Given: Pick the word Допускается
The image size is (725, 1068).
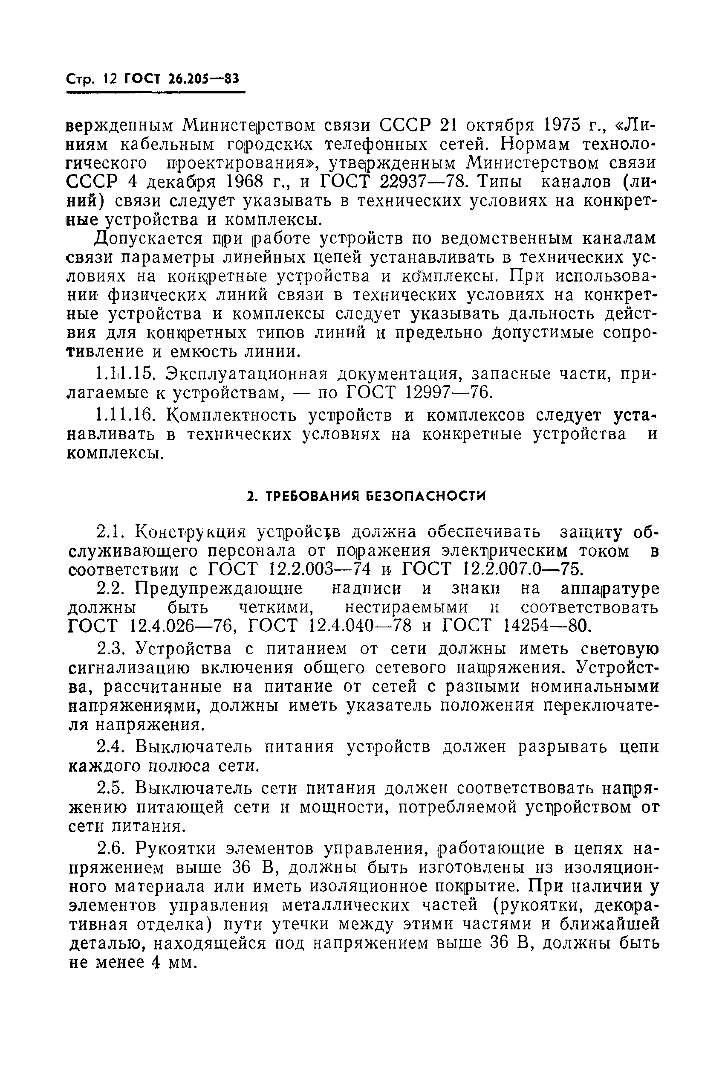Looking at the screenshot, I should tap(142, 239).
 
